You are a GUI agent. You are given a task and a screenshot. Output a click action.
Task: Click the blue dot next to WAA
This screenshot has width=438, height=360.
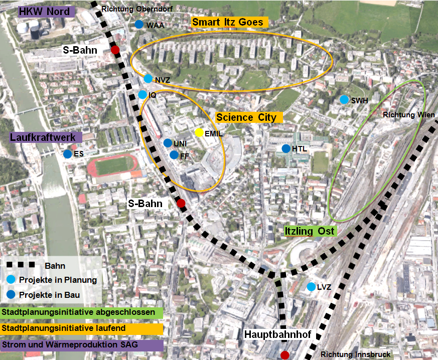click(139, 25)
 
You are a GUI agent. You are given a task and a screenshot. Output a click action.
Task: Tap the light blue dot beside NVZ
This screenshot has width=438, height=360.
click(148, 79)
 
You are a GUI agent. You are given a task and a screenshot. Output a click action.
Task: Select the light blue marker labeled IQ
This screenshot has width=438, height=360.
click(142, 95)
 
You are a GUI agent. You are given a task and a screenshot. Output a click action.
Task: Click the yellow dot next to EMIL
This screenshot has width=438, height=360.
click(199, 133)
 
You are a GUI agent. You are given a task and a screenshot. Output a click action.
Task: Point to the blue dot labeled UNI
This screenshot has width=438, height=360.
click(168, 143)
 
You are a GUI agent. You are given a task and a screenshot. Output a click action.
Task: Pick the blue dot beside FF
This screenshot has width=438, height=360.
click(174, 155)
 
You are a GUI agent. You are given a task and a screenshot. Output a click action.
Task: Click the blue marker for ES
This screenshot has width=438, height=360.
click(67, 154)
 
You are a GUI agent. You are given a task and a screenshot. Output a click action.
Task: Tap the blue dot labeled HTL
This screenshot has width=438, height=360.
click(286, 148)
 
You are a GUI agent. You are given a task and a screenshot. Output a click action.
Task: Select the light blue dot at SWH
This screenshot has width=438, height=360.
click(344, 100)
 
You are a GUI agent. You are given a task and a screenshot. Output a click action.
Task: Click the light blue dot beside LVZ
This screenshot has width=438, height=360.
click(311, 287)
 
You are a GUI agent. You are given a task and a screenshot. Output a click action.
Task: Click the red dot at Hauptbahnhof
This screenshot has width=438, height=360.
click(285, 355)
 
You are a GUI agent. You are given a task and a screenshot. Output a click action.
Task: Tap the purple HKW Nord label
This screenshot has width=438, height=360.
click(46, 12)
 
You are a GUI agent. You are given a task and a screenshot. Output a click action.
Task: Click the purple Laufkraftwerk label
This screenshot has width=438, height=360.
click(45, 137)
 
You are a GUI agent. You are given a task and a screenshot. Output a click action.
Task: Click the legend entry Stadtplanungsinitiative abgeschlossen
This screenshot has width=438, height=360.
click(82, 312)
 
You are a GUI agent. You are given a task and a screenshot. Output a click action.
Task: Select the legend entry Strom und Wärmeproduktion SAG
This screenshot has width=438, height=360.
click(82, 345)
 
